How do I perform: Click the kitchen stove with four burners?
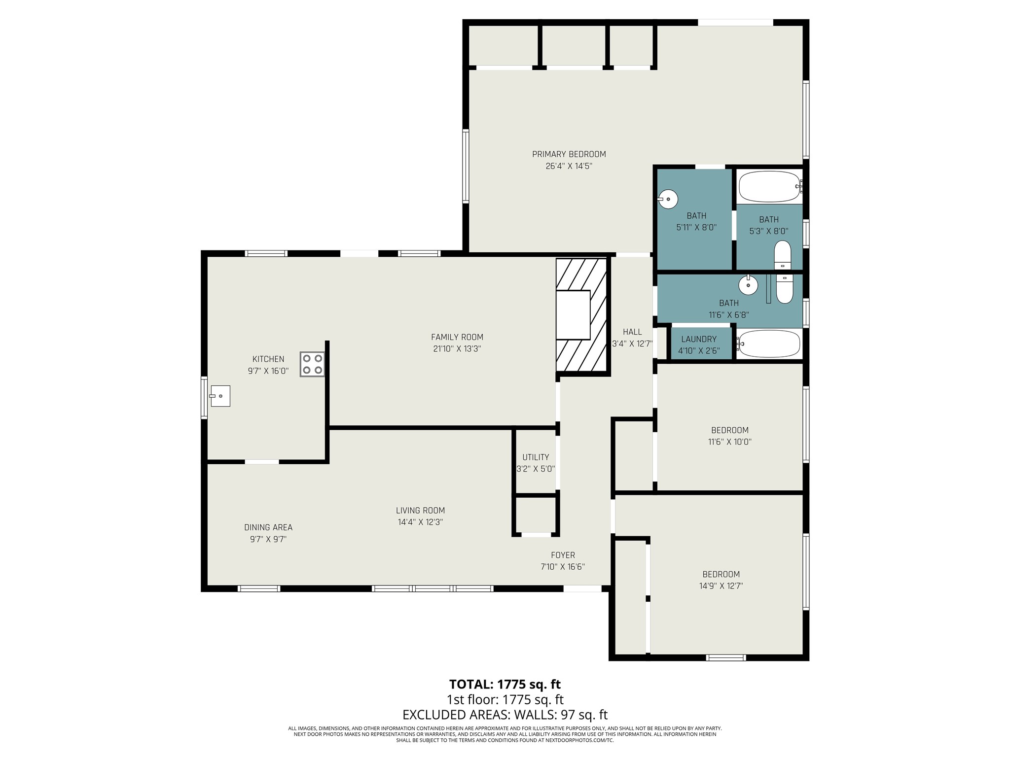pyautogui.click(x=312, y=364)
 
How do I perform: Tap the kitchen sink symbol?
pyautogui.click(x=219, y=396)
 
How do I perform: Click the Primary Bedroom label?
pyautogui.click(x=569, y=154)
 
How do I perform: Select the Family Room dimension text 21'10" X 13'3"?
pyautogui.click(x=457, y=349)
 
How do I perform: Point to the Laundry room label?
pyautogui.click(x=699, y=339)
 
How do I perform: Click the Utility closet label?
pyautogui.click(x=536, y=457)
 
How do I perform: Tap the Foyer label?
pyautogui.click(x=563, y=555)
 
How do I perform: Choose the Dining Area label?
pyautogui.click(x=268, y=527)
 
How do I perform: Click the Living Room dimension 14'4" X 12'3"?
pyautogui.click(x=420, y=522)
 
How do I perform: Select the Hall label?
pyautogui.click(x=632, y=332)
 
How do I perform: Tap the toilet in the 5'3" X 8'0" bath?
pyautogui.click(x=782, y=254)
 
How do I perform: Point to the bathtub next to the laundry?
pyautogui.click(x=769, y=344)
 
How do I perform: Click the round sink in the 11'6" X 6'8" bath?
pyautogui.click(x=748, y=285)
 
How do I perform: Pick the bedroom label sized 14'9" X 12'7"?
pyautogui.click(x=721, y=574)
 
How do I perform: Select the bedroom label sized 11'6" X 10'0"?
pyautogui.click(x=729, y=430)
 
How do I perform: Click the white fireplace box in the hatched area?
pyautogui.click(x=573, y=315)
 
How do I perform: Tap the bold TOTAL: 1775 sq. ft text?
pyautogui.click(x=505, y=685)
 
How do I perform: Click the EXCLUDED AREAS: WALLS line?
pyautogui.click(x=505, y=715)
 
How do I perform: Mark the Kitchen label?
pyautogui.click(x=268, y=359)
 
